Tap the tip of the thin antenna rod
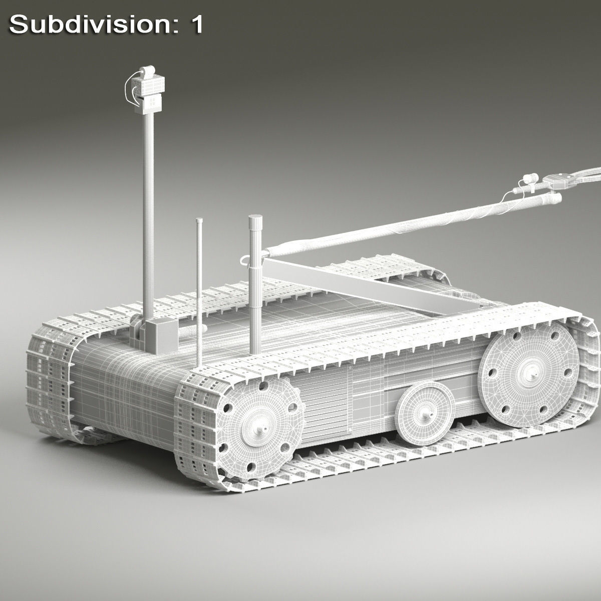click(199, 220)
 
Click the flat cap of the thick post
click(255, 219)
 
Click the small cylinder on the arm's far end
click(530, 178)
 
